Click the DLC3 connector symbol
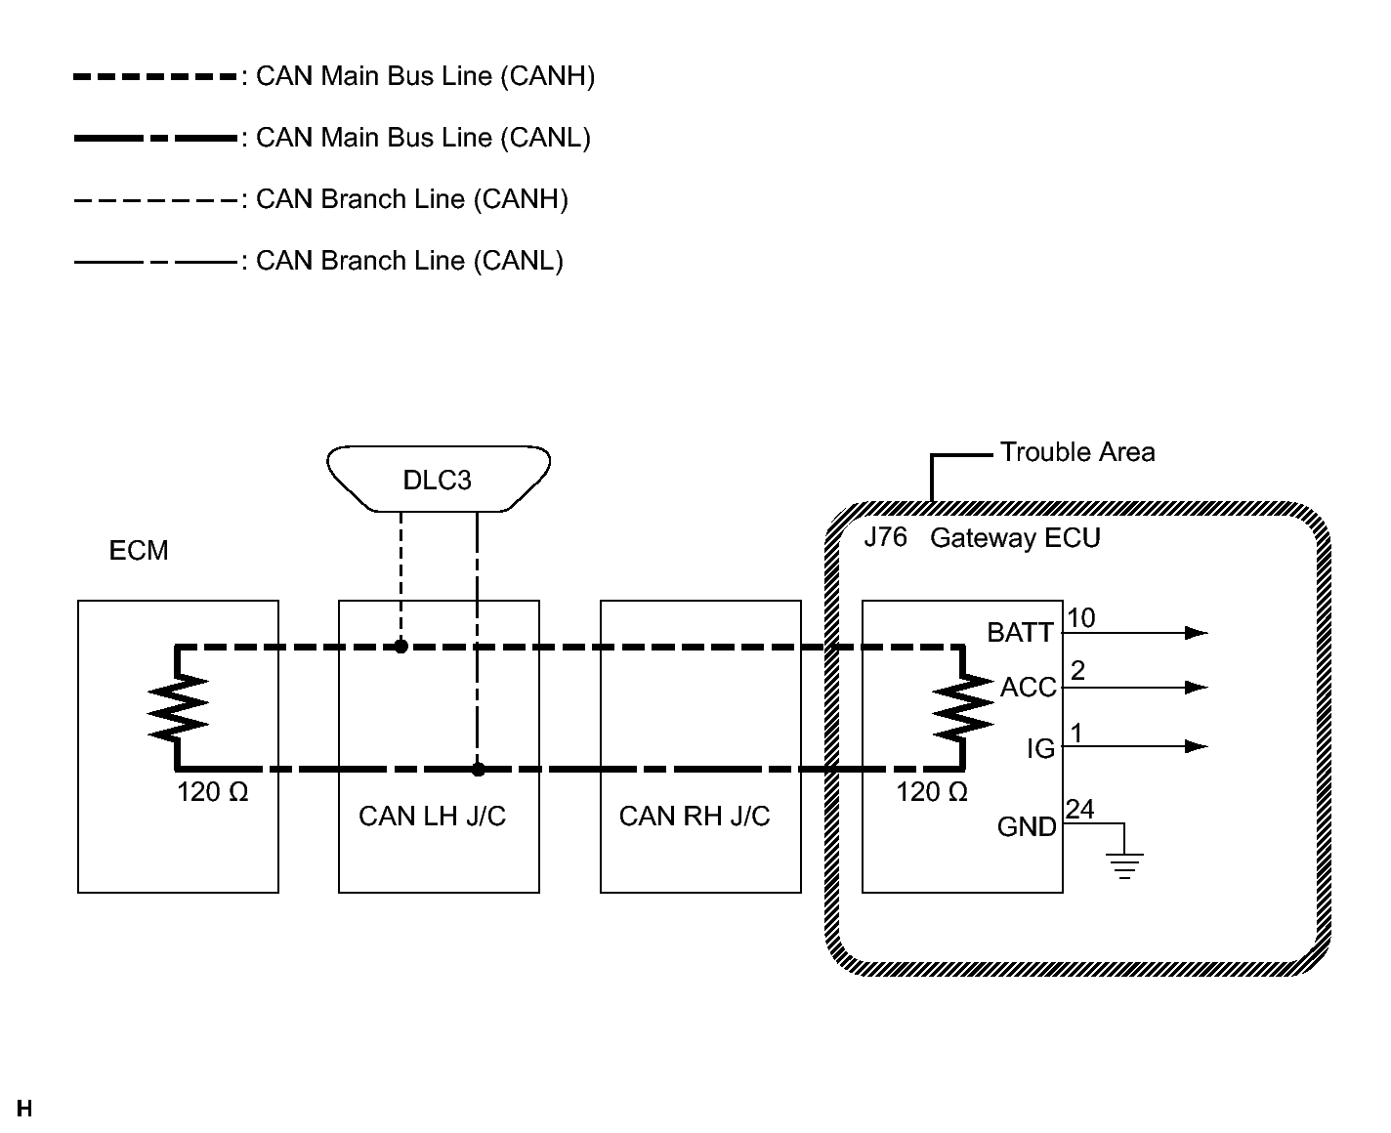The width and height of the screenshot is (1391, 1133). [439, 479]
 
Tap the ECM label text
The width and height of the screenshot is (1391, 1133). [139, 551]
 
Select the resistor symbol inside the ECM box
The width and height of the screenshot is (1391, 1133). [178, 708]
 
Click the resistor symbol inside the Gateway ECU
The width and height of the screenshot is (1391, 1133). [962, 708]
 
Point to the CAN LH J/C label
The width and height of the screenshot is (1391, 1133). [432, 817]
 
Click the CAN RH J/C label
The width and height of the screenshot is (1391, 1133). [695, 817]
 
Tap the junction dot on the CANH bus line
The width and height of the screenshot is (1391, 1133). [400, 647]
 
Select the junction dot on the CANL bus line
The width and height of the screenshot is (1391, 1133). [478, 770]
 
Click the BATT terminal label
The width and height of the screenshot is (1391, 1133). [1020, 632]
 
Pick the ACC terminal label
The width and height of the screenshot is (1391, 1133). [1028, 687]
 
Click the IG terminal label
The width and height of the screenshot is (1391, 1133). [1040, 748]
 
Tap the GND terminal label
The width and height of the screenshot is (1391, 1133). [1026, 826]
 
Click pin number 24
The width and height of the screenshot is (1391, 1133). [1079, 809]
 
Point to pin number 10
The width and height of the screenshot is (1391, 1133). [1080, 617]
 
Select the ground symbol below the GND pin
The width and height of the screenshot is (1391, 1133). [1124, 865]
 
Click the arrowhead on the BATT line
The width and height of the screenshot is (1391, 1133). [1197, 633]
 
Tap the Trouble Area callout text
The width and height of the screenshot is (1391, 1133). [1077, 452]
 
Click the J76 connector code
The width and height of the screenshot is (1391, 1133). [886, 537]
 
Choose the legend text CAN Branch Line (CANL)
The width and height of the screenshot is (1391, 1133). [409, 261]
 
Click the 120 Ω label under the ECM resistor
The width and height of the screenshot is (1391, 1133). [212, 792]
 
